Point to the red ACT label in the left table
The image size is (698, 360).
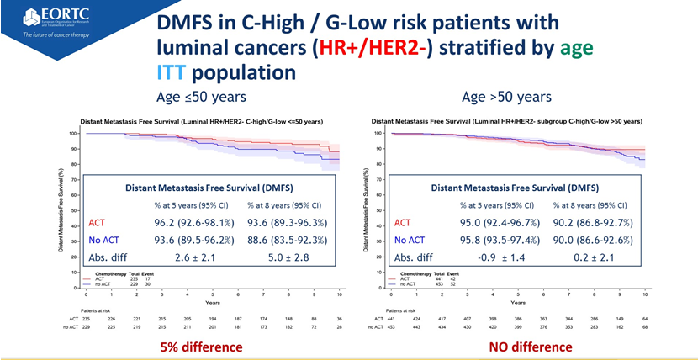[98, 224]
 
